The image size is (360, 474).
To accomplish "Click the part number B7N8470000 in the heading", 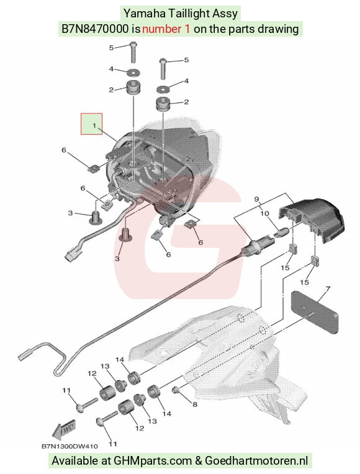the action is point(95,29).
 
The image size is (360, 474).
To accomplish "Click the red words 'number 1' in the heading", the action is point(166,29).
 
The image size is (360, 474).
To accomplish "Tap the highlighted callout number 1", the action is point(94,125).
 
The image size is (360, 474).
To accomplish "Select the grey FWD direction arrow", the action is point(63,429).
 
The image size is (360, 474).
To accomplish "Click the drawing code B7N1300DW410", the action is point(70,446).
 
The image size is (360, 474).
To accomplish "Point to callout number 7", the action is point(328,289).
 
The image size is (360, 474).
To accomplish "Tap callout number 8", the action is point(195,404).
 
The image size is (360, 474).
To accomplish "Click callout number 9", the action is point(256,199).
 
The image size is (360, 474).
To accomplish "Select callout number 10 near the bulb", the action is point(264,213).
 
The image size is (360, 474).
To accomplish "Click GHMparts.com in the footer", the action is point(153,461).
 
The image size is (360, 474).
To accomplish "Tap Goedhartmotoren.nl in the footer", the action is point(256,461).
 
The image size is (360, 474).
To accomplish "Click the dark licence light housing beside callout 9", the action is point(312,219).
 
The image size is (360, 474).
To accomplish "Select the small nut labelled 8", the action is point(175,390).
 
